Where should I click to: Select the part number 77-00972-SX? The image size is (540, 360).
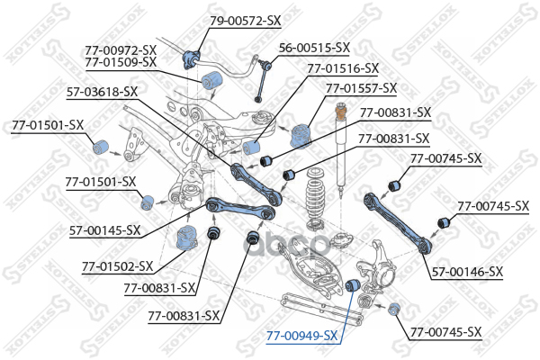coord(121,49)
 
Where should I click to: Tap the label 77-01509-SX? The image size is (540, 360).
coord(121,62)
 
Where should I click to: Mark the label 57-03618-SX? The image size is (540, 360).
coord(102,92)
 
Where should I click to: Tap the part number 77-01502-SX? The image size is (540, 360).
coord(117,266)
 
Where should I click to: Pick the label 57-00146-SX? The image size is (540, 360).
coord(467,271)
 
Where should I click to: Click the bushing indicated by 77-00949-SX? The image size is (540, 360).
coord(354,285)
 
